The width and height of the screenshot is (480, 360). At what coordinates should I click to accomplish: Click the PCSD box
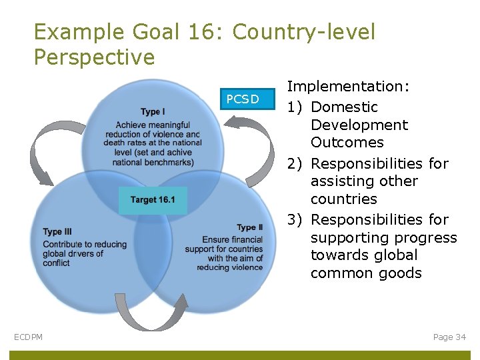tap(242, 99)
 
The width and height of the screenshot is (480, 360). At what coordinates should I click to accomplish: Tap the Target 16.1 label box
tap(153, 200)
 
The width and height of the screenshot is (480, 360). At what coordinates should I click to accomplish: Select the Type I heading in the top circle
tap(153, 111)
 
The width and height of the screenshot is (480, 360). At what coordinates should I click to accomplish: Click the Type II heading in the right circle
tap(249, 228)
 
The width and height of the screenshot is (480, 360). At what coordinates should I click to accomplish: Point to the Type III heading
tap(57, 232)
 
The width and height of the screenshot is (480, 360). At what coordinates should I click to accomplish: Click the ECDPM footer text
tap(28, 337)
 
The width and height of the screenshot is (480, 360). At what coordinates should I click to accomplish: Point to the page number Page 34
tap(449, 337)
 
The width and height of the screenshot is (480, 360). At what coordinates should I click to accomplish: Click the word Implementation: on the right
tap(348, 86)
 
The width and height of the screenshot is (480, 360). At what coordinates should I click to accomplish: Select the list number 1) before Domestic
tap(295, 107)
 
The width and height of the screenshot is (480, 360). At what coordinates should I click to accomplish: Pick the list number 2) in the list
tap(295, 164)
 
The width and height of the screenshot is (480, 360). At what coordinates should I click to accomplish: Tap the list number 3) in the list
tap(295, 220)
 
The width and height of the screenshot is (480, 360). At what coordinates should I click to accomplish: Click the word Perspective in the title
tap(94, 57)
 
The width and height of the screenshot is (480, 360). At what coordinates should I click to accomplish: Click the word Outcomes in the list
tap(347, 143)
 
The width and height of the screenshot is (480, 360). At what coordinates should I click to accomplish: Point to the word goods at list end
tap(399, 273)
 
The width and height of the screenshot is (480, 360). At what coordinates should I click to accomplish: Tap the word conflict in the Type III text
tap(56, 263)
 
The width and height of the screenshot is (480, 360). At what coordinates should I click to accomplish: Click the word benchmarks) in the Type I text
tap(171, 162)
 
